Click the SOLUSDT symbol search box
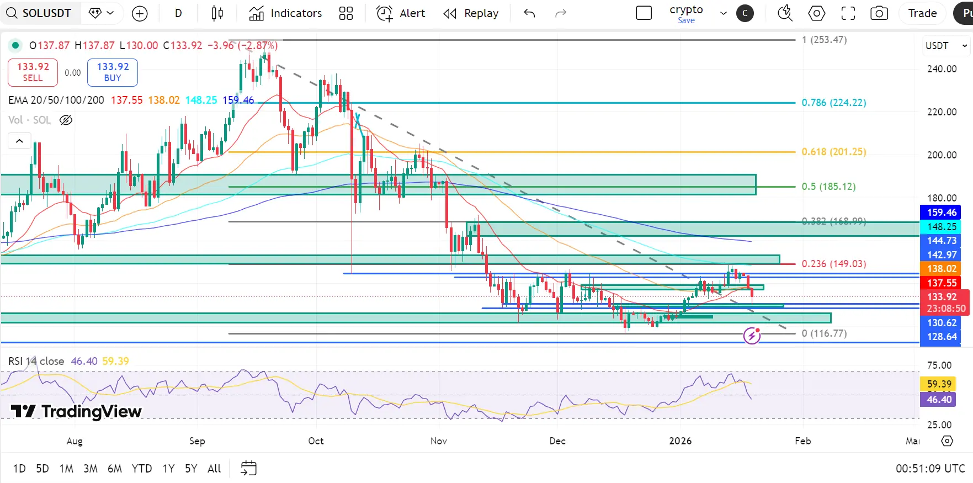coord(40,13)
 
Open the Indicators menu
coord(285,13)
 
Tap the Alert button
coord(401,13)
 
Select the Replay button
coord(471,13)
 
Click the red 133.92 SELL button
coord(33,72)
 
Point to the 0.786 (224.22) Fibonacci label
coord(833,103)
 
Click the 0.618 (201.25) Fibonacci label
coord(833,152)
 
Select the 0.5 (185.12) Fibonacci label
coord(828,187)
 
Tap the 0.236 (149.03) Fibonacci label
coord(833,264)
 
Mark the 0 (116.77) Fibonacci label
coord(824,333)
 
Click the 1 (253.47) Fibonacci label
coord(824,40)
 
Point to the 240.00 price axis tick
coord(942,69)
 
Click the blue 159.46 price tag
coord(941,213)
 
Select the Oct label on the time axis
coord(316,441)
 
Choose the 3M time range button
coord(90,469)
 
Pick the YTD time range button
coord(141,469)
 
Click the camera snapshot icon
coord(879,13)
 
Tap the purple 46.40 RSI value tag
coord(939,400)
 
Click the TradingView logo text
coord(77,411)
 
